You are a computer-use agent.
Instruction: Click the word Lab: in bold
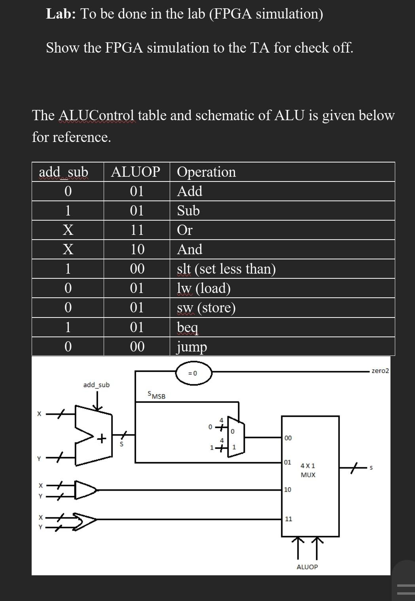tap(62, 14)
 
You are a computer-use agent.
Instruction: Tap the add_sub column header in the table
tap(63, 172)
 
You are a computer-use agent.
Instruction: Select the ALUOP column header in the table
tap(136, 172)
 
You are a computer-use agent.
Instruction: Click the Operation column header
tap(206, 172)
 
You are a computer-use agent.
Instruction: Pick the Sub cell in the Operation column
tap(188, 210)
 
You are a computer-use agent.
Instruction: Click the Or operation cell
tap(185, 230)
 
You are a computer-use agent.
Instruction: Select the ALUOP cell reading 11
tap(137, 230)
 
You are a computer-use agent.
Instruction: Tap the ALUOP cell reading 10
tap(137, 249)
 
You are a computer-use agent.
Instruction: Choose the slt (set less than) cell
tap(226, 268)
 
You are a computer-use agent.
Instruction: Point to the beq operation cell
tap(188, 327)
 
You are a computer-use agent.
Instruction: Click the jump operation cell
tap(192, 347)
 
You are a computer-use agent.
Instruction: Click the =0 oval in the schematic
tap(193, 373)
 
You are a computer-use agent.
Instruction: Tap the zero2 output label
tap(380, 371)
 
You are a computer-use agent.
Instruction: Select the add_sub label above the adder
tap(96, 385)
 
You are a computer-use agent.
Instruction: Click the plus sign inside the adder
tap(102, 438)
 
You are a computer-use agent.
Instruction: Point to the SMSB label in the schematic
tap(156, 395)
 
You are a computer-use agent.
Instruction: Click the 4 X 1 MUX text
tap(308, 470)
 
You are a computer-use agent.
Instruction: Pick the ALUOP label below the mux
tap(307, 567)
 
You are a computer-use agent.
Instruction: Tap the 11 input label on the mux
tap(288, 519)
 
